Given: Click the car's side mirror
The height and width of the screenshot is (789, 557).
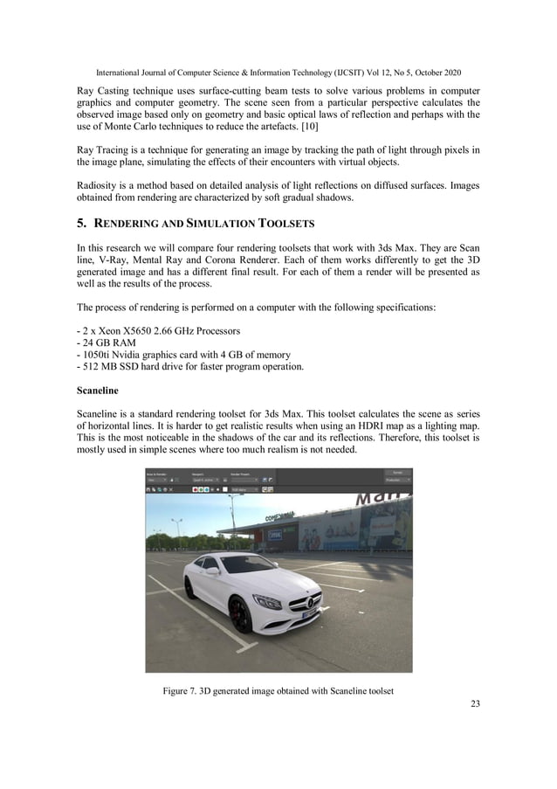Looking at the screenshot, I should point(213,571).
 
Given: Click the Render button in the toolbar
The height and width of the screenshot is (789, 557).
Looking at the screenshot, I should point(397,472).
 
